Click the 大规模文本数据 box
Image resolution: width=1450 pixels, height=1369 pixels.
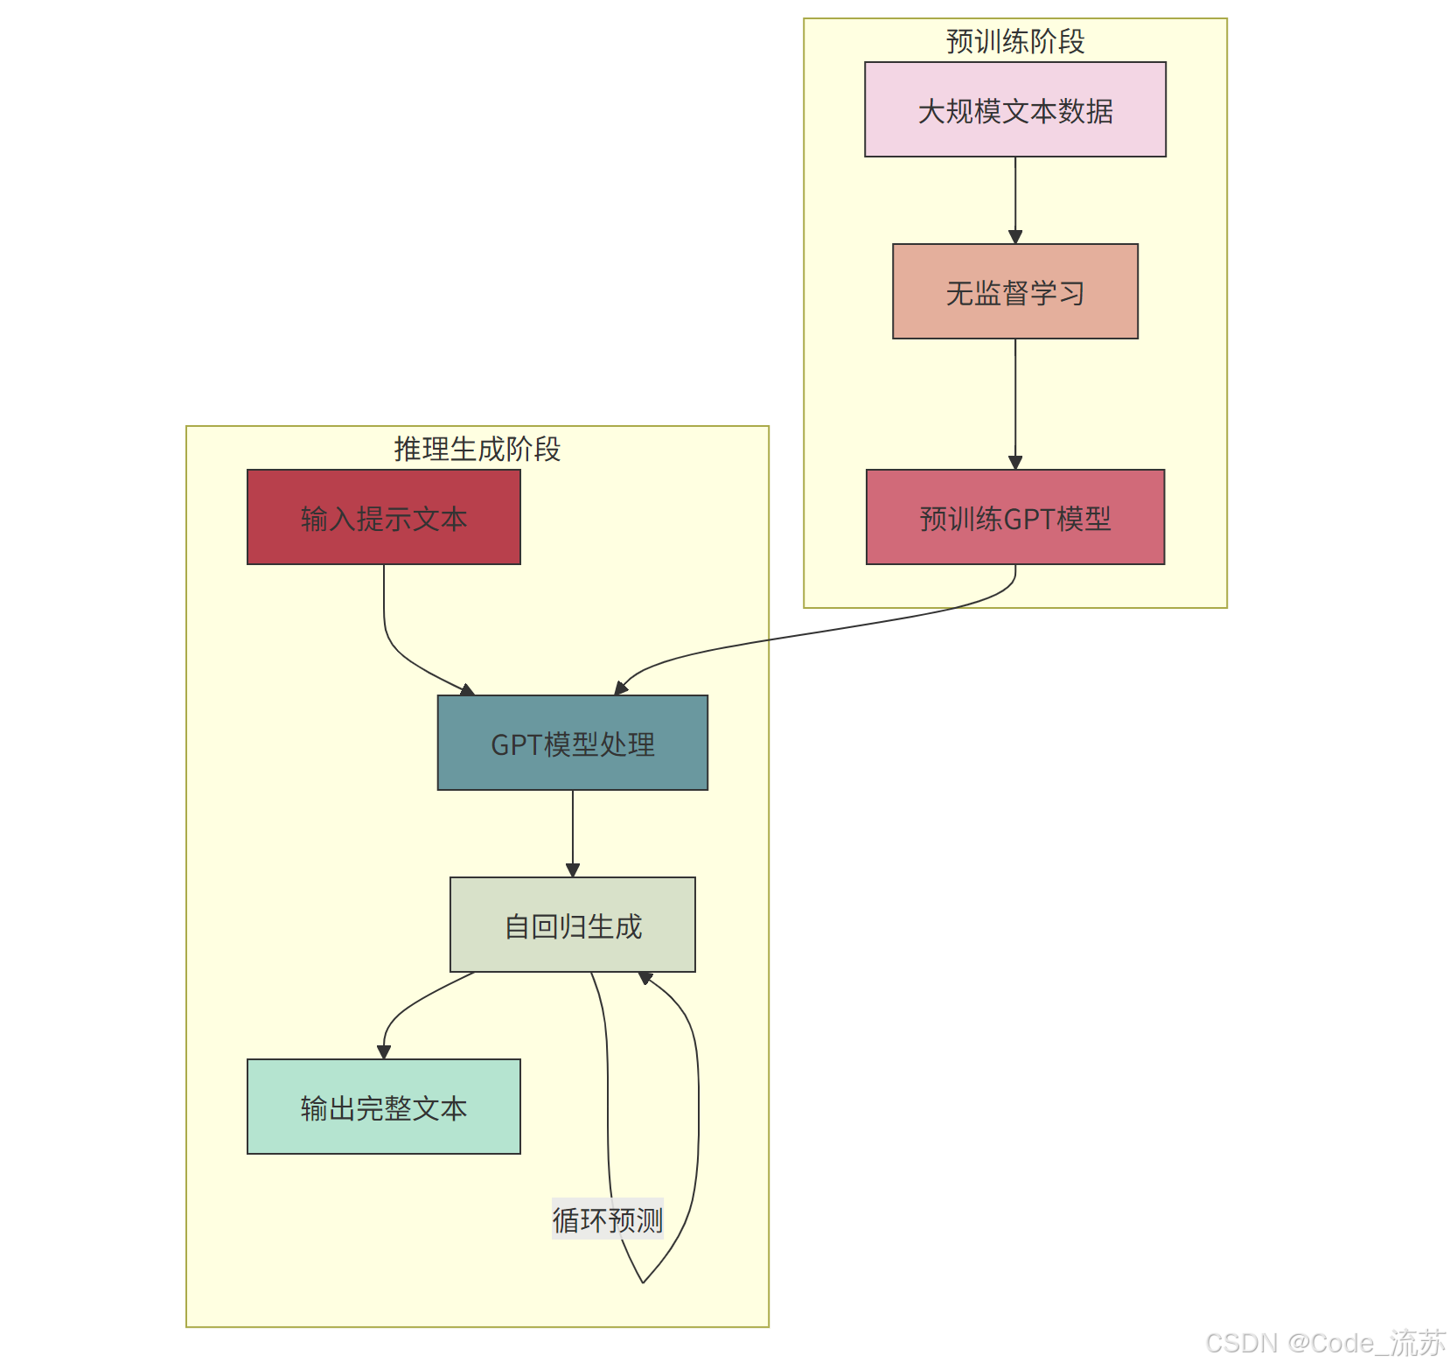tap(1014, 109)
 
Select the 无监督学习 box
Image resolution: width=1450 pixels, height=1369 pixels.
tap(1014, 291)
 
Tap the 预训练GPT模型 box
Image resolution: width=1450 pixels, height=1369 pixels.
tap(1014, 517)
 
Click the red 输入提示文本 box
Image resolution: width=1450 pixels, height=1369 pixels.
tap(383, 517)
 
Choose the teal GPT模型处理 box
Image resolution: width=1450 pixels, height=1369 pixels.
tap(572, 743)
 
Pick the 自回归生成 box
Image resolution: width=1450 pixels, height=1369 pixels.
tap(572, 925)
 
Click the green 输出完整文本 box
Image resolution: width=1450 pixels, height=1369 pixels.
tap(383, 1107)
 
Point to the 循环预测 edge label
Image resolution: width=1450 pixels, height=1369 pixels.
tap(608, 1219)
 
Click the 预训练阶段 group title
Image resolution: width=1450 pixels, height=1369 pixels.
tap(1014, 41)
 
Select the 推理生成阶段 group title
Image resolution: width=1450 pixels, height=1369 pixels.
tap(477, 449)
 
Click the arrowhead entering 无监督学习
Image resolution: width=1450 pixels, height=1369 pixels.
tap(1014, 237)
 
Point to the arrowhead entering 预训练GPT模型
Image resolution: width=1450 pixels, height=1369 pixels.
tap(1014, 463)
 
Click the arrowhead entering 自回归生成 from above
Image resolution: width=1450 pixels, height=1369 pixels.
tap(572, 870)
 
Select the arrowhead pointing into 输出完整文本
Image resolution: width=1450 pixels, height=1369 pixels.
tap(383, 1052)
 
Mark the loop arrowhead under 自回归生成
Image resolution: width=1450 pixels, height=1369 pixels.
tap(645, 977)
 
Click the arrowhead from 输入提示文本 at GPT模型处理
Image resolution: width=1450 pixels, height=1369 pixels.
tap(467, 690)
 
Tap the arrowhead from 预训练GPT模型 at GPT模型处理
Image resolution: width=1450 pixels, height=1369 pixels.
tap(621, 688)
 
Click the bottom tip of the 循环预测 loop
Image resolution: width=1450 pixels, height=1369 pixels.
tap(643, 1282)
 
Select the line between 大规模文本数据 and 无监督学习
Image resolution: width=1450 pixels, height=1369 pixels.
tap(1014, 197)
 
